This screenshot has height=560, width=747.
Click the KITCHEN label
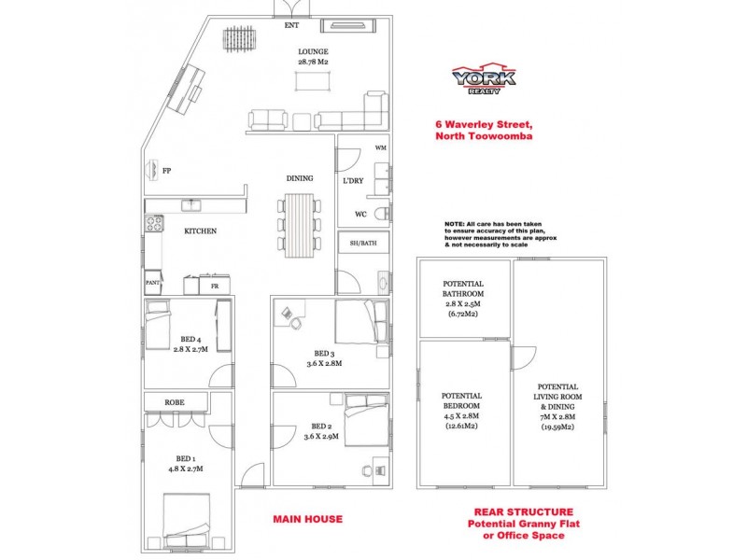pyautogui.click(x=200, y=230)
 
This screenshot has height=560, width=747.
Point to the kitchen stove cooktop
pyautogui.click(x=151, y=224)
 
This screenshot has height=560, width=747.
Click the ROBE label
pyautogui.click(x=174, y=402)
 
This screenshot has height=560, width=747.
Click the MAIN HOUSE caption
pyautogui.click(x=307, y=519)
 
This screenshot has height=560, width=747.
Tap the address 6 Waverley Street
pyautogui.click(x=484, y=124)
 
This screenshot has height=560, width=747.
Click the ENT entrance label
pyautogui.click(x=292, y=26)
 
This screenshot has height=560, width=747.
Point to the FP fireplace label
pyautogui.click(x=166, y=172)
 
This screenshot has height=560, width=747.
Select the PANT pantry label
pyautogui.click(x=152, y=281)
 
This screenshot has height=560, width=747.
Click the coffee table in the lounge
pyautogui.click(x=312, y=81)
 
